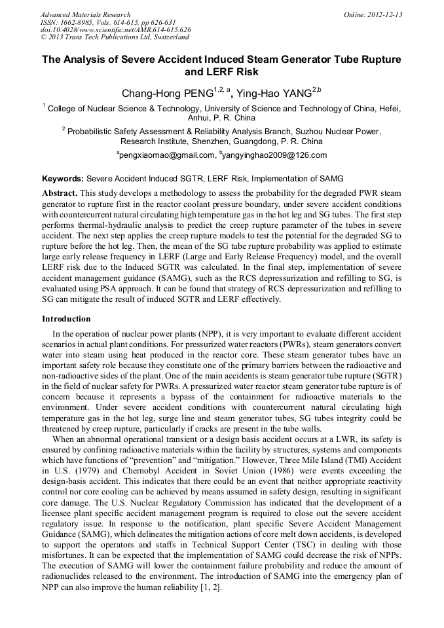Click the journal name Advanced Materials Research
(x=85, y=14)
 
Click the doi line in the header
(x=115, y=29)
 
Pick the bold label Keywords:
(x=63, y=178)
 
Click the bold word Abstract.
(x=60, y=194)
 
